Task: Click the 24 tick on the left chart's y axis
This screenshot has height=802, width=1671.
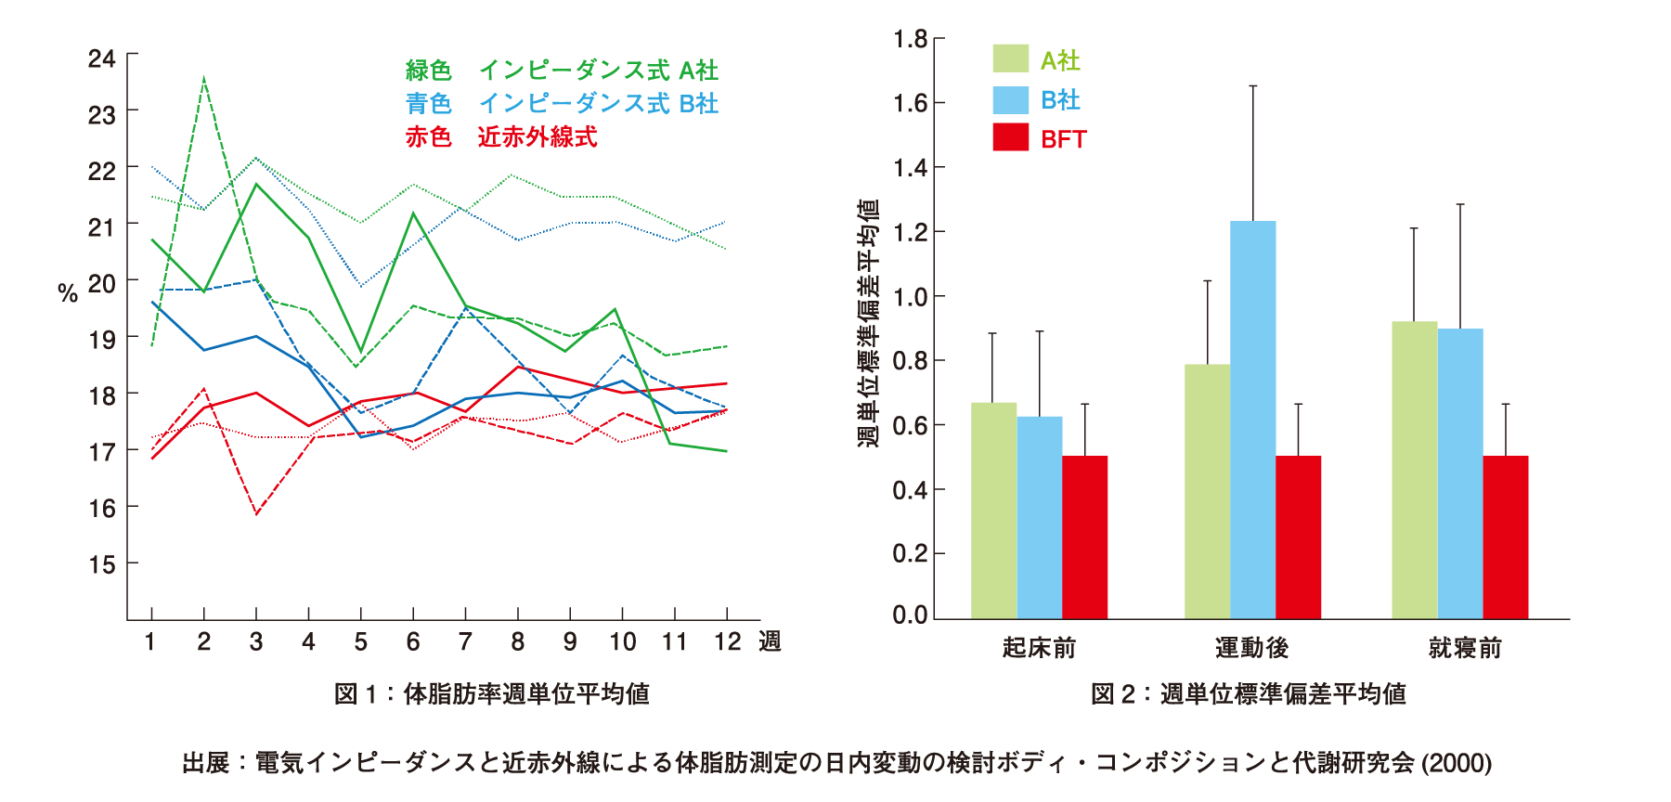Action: point(102,58)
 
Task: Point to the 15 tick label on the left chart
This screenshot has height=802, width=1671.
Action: point(102,564)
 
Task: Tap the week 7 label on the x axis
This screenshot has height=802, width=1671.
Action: point(465,641)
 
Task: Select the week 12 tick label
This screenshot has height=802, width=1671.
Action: point(727,641)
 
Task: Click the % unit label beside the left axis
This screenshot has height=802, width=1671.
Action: point(68,294)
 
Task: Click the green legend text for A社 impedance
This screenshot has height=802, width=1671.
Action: point(561,71)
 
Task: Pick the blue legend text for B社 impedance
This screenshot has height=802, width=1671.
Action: point(561,103)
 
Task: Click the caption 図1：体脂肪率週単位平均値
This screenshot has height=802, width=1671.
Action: point(491,693)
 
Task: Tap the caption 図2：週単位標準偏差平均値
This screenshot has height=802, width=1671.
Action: point(1248,693)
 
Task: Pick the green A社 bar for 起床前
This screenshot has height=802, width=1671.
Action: point(993,510)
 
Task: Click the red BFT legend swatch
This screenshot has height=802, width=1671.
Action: point(1010,137)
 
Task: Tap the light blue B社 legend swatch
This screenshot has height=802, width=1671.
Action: point(1010,99)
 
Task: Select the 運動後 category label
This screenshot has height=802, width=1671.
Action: point(1251,647)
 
